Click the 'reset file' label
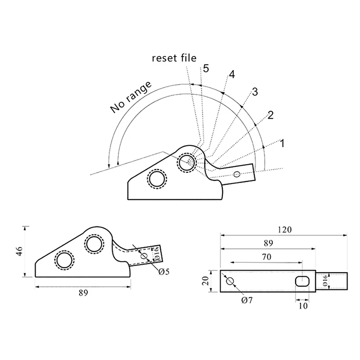coord(174,58)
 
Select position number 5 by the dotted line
coord(206,68)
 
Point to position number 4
coord(231,75)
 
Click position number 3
coord(254,92)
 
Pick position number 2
coord(270,115)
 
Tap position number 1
coord(282,144)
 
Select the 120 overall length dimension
coord(284,229)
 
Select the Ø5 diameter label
coord(164,271)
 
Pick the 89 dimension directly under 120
coord(268,243)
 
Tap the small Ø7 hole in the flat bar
coord(229,281)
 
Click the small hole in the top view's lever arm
coord(237,174)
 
